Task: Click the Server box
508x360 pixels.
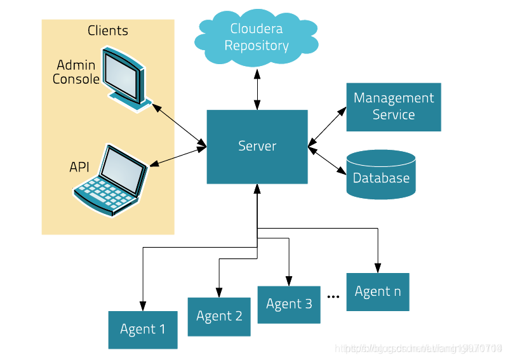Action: [257, 147]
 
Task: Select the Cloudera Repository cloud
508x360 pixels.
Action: [257, 37]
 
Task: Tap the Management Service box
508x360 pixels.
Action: [393, 107]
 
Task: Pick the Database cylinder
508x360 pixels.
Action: [381, 175]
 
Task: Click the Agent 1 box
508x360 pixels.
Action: [142, 330]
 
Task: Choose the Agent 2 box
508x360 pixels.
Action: [219, 316]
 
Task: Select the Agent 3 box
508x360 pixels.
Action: [289, 304]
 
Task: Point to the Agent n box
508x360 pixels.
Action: [378, 291]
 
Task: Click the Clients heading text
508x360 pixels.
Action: [107, 30]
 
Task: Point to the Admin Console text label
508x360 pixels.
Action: [76, 72]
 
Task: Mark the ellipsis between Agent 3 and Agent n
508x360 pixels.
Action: [333, 296]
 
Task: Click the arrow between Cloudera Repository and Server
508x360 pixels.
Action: [257, 89]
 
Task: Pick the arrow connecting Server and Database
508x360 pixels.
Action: [327, 160]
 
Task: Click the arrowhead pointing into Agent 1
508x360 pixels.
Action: [142, 305]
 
